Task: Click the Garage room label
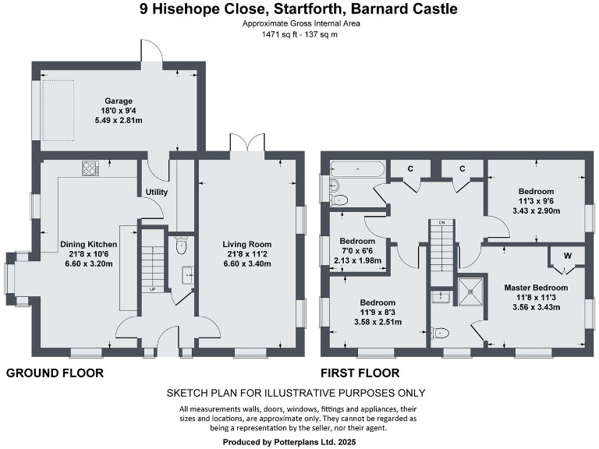(x=119, y=101)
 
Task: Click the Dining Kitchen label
(x=87, y=243)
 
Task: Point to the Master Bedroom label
(x=535, y=288)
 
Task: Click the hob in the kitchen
(x=90, y=168)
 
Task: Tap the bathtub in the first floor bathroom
(x=357, y=167)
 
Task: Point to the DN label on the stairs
(x=441, y=224)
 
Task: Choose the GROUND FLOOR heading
(x=55, y=373)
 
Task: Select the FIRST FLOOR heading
(x=360, y=373)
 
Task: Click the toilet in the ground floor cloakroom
(x=182, y=247)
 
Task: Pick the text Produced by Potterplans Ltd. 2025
(x=299, y=440)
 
